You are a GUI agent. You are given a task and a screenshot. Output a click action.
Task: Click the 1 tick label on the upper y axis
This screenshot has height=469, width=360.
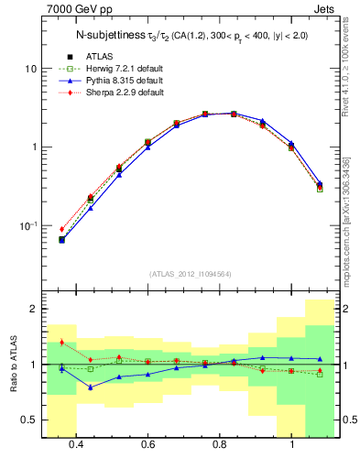click(x=33, y=147)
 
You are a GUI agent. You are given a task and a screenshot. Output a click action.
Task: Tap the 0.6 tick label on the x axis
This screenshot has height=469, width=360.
click(x=147, y=445)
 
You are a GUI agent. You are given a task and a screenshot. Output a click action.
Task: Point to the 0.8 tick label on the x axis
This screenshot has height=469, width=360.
click(x=220, y=445)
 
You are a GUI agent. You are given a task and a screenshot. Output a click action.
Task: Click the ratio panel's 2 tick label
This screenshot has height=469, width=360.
click(x=33, y=309)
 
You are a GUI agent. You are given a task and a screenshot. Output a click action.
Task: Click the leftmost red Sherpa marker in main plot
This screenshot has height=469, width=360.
click(x=62, y=229)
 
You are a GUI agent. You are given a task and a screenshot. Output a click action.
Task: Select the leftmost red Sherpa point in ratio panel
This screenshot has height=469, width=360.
click(x=62, y=342)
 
